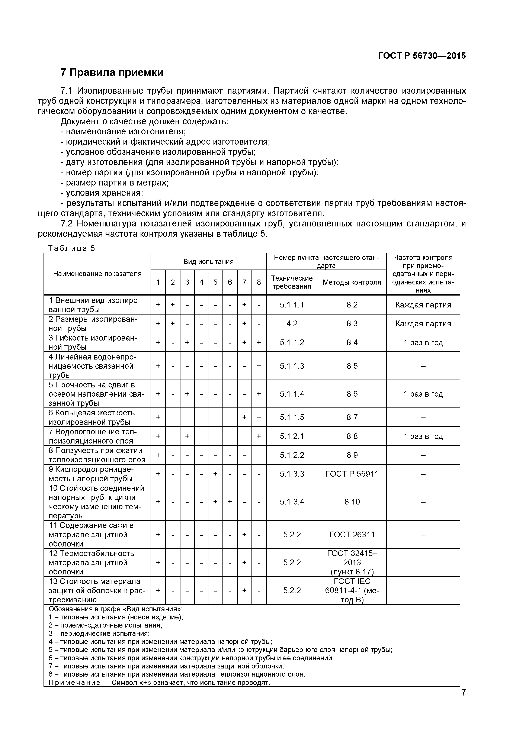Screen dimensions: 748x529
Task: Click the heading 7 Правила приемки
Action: [112, 72]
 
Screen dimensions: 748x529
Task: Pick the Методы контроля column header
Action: [352, 282]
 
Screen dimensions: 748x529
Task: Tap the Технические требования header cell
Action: [292, 282]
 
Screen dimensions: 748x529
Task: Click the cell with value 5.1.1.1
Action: [292, 305]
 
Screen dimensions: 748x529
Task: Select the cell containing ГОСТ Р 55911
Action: [352, 474]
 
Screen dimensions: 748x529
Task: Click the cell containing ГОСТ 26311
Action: [352, 535]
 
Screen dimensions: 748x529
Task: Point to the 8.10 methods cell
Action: [352, 502]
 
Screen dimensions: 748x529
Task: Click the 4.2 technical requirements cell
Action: [292, 323]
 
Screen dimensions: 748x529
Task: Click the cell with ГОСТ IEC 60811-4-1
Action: [352, 590]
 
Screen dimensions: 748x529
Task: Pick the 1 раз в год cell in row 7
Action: [423, 436]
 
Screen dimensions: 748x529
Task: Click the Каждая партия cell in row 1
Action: [423, 305]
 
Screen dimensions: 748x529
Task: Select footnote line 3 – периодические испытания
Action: [99, 633]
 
